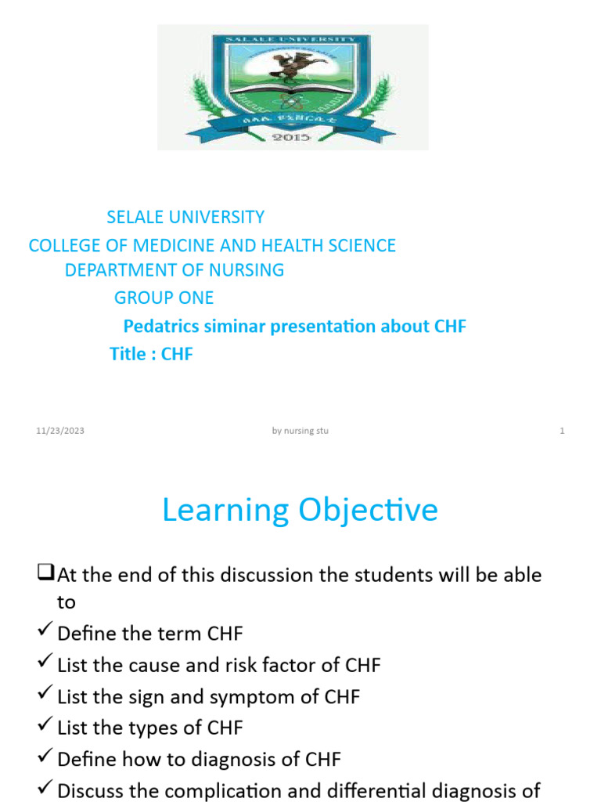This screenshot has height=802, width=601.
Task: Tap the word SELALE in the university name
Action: pyautogui.click(x=134, y=217)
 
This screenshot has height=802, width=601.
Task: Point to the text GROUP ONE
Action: pyautogui.click(x=164, y=298)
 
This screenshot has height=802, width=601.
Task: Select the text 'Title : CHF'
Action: pyautogui.click(x=151, y=354)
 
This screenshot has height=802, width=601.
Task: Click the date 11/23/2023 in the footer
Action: pyautogui.click(x=60, y=431)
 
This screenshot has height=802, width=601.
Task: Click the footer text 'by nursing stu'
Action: pyautogui.click(x=300, y=431)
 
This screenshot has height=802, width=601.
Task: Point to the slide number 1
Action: pyautogui.click(x=562, y=431)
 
